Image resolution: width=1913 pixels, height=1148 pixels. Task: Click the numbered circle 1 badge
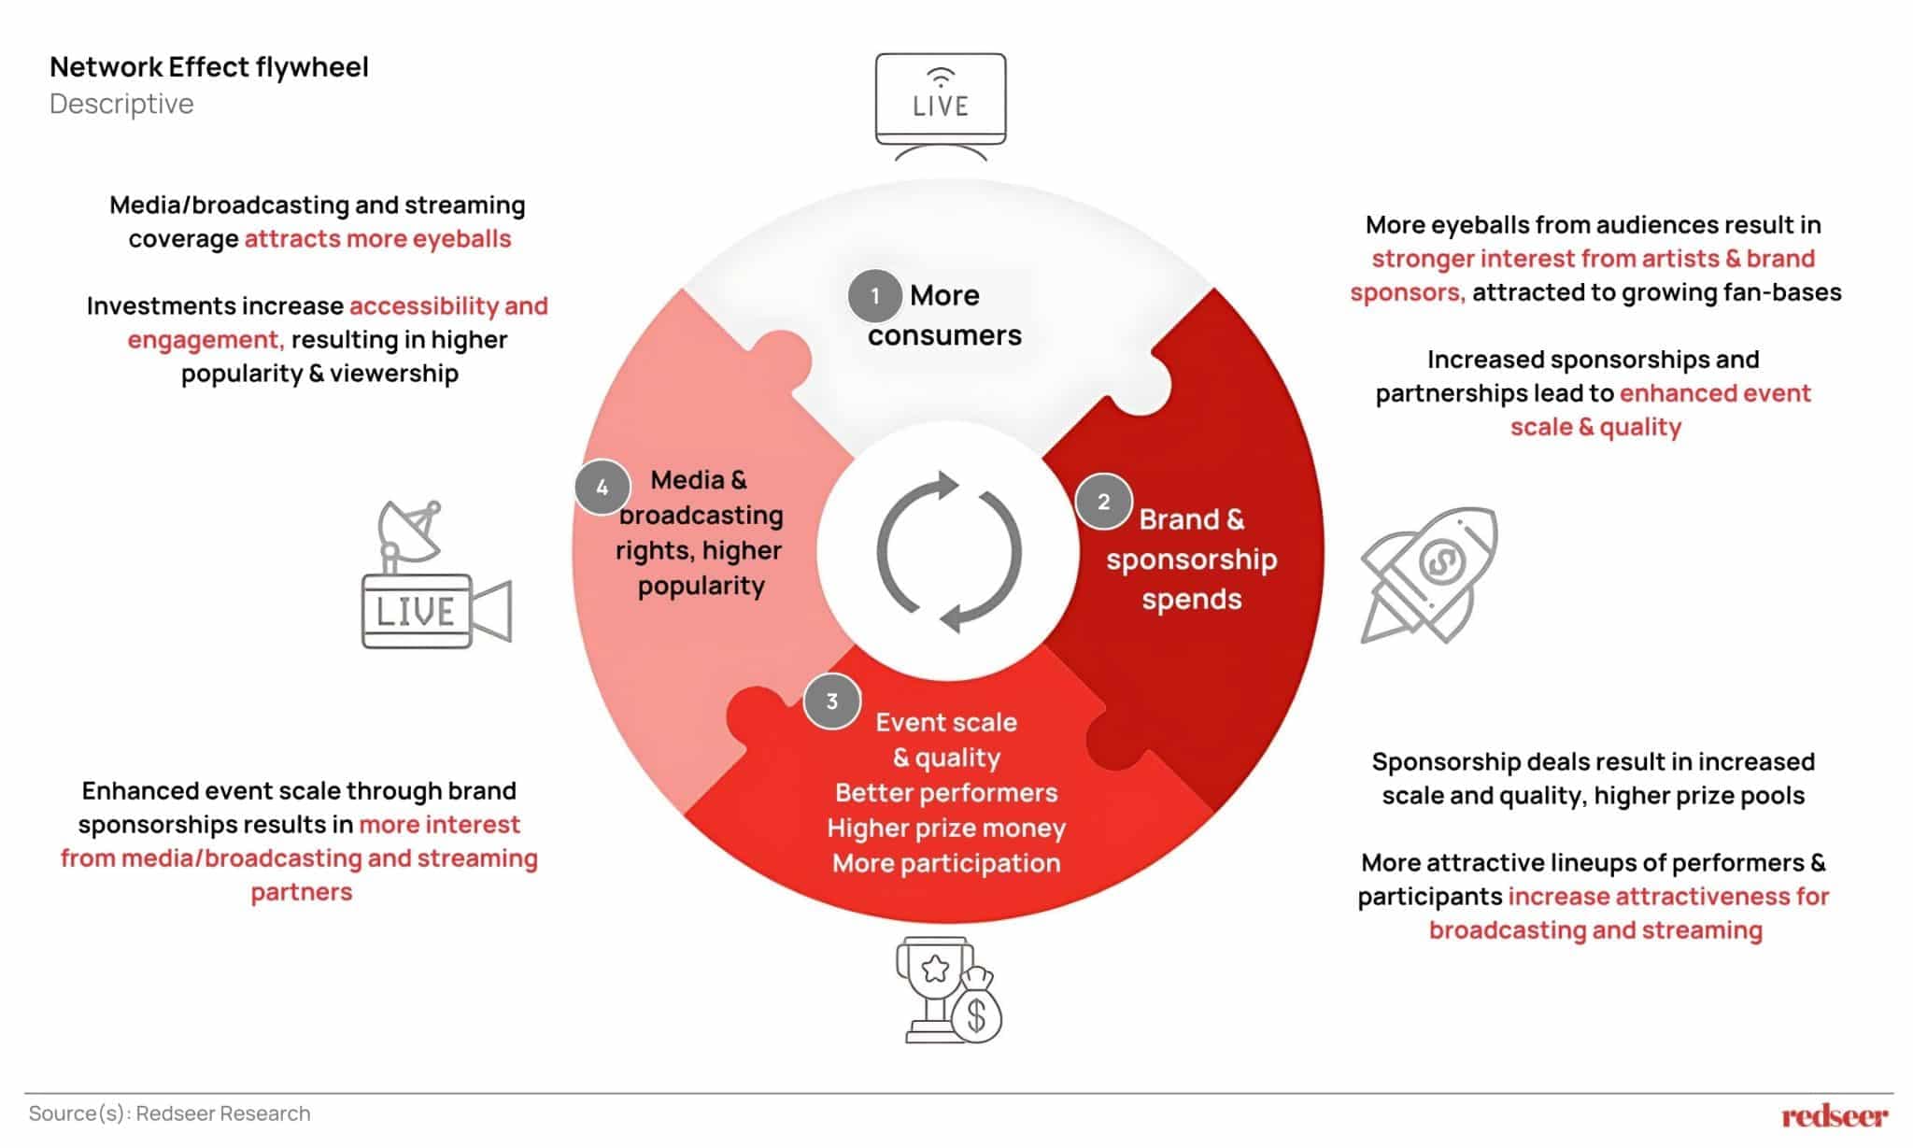click(x=874, y=296)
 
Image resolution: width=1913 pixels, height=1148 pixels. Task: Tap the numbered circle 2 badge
click(x=1103, y=502)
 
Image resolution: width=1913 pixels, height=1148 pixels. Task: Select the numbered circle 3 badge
click(x=831, y=701)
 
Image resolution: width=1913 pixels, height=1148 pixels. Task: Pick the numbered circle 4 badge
click(x=602, y=487)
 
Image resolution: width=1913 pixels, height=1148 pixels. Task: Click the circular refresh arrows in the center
click(x=948, y=552)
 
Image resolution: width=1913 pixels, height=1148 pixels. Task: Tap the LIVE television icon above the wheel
click(x=941, y=103)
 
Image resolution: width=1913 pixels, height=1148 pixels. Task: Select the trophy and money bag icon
click(x=947, y=990)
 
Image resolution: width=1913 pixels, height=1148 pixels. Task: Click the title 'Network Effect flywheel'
click(x=209, y=67)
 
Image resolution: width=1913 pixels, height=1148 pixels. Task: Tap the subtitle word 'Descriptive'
click(x=121, y=104)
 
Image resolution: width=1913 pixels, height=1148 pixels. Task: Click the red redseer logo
click(x=1834, y=1115)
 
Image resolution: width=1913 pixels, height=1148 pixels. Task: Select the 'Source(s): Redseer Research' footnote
click(x=169, y=1113)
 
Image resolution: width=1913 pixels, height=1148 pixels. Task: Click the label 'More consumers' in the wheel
click(x=944, y=315)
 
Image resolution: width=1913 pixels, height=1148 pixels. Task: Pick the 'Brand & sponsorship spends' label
click(x=1191, y=559)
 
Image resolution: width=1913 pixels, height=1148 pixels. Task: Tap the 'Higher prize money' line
click(x=945, y=828)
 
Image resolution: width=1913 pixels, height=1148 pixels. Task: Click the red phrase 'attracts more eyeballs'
click(x=377, y=239)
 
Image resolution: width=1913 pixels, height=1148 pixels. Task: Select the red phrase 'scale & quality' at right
click(x=1595, y=427)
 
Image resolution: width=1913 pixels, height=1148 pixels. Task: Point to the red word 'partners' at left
click(x=301, y=892)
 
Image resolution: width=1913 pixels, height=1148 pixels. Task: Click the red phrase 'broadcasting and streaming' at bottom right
click(x=1595, y=930)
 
